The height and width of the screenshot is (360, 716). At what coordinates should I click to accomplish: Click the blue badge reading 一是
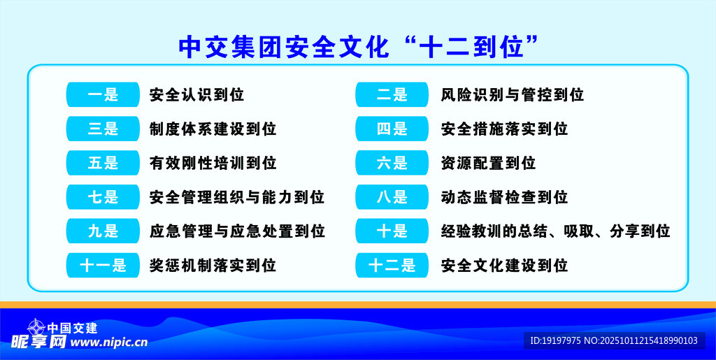103,95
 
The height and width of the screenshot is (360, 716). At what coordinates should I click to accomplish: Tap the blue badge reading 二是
392,95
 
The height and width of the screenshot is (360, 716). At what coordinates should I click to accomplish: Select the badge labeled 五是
103,163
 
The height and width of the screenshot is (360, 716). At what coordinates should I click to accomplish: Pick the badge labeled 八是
392,197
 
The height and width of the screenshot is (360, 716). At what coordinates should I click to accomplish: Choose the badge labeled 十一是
103,265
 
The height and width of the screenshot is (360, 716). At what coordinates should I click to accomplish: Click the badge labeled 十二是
392,265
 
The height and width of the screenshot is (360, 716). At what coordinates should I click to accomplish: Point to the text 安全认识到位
196,95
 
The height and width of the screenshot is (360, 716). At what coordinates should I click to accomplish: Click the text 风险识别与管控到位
513,95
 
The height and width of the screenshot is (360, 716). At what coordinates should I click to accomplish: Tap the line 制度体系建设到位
213,129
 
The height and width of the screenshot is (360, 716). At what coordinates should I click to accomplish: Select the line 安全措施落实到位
505,129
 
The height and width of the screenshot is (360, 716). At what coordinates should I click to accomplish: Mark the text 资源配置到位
489,163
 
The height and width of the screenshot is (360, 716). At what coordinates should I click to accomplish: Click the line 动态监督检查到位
505,197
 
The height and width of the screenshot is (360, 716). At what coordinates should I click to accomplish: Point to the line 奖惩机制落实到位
213,265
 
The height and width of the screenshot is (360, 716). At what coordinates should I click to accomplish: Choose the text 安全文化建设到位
505,265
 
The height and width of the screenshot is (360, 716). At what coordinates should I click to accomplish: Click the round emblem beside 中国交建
36,327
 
